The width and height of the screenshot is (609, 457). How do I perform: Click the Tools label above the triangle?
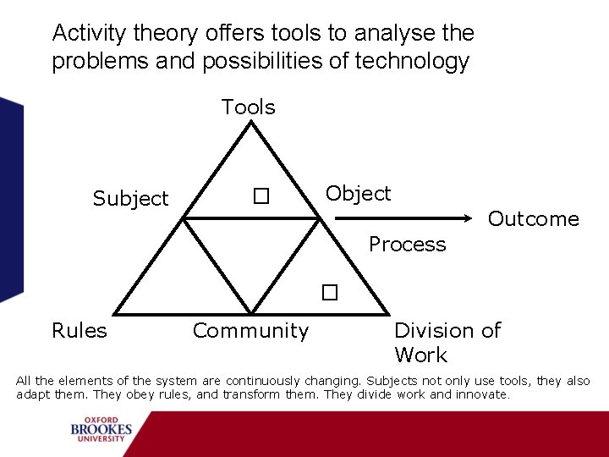pyautogui.click(x=248, y=107)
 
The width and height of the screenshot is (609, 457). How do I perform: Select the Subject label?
pyautogui.click(x=130, y=199)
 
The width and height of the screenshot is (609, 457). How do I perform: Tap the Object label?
pyautogui.click(x=358, y=194)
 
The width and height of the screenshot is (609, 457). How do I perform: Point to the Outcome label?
pyautogui.click(x=533, y=219)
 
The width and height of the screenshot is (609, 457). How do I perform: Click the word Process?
pyautogui.click(x=407, y=245)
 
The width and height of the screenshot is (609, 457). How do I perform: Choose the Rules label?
pyautogui.click(x=80, y=330)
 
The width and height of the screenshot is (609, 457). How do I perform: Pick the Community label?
pyautogui.click(x=250, y=330)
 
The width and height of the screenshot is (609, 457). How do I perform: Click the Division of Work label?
pyautogui.click(x=447, y=342)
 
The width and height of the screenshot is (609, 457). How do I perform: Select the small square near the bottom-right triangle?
pyautogui.click(x=329, y=293)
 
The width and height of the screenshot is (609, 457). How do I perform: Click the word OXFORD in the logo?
pyautogui.click(x=101, y=420)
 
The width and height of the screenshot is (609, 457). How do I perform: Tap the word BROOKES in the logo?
pyautogui.click(x=101, y=430)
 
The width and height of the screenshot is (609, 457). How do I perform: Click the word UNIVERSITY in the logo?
pyautogui.click(x=101, y=440)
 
